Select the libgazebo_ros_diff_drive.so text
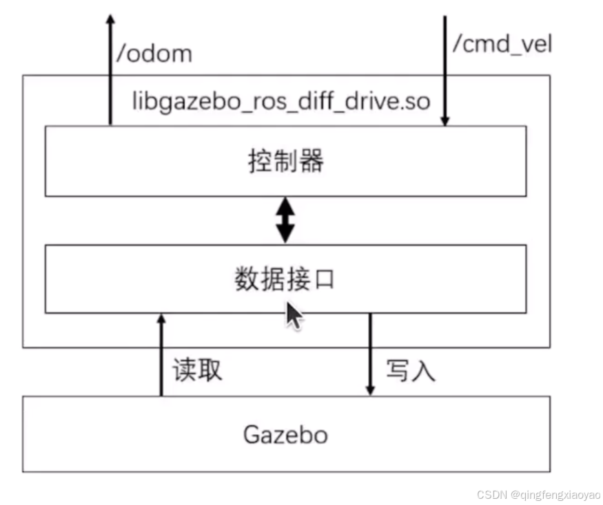coord(281,102)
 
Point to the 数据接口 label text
coord(285,279)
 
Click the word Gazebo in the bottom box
coord(285,435)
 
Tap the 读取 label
coord(197,370)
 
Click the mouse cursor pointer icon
coord(294,316)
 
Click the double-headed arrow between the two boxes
coord(285,220)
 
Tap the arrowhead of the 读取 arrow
coord(161,318)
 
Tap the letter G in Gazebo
coord(252,435)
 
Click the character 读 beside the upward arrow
coord(185,370)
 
